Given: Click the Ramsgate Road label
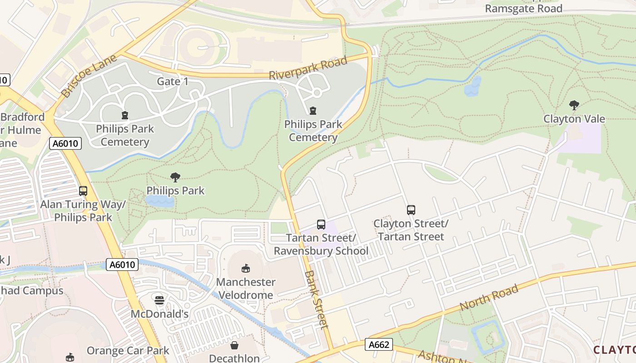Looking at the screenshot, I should pyautogui.click(x=523, y=8).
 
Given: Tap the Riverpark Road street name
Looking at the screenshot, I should pyautogui.click(x=308, y=68).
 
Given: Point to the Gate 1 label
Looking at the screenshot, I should pyautogui.click(x=172, y=81).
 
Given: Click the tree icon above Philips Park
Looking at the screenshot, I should pyautogui.click(x=175, y=177).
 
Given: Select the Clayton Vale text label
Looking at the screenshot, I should pyautogui.click(x=574, y=119).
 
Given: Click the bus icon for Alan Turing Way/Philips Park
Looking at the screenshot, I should pyautogui.click(x=83, y=191).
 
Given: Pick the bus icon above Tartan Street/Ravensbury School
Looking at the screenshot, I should pyautogui.click(x=321, y=225).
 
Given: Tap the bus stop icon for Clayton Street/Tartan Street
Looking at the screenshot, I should pyautogui.click(x=411, y=210).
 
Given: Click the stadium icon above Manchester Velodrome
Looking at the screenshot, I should pyautogui.click(x=246, y=269).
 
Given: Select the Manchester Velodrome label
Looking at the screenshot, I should pyautogui.click(x=246, y=288).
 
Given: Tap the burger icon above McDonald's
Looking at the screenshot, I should pyautogui.click(x=159, y=300).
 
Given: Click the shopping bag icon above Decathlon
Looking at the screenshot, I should pyautogui.click(x=234, y=346).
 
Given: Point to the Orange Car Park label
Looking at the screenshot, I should pyautogui.click(x=128, y=351).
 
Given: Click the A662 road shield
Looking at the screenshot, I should pyautogui.click(x=379, y=345).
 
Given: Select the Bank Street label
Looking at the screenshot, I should pyautogui.click(x=316, y=299).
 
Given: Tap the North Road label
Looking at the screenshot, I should pyautogui.click(x=489, y=298).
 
